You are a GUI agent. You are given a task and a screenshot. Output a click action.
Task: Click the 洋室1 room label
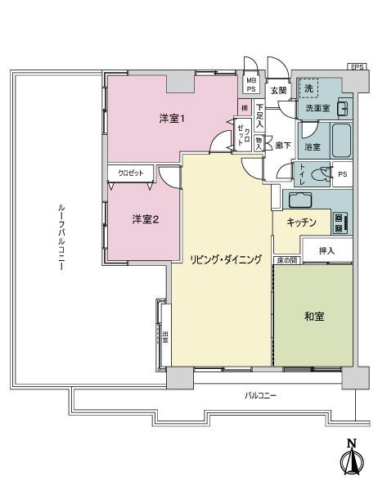tap(172, 119)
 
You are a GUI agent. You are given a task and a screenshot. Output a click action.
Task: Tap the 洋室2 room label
tap(146, 218)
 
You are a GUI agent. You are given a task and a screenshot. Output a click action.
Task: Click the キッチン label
tap(302, 222)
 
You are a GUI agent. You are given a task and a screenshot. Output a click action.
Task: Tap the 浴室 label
tap(313, 147)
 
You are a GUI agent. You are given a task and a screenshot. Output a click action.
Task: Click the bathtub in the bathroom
tap(341, 144)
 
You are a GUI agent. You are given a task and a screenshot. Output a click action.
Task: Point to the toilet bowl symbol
tap(325, 173)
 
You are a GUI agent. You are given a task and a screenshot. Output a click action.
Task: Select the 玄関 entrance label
tap(279, 90)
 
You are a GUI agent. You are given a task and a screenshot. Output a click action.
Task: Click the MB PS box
tap(251, 83)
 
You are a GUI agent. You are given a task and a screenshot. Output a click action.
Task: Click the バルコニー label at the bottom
tap(261, 395)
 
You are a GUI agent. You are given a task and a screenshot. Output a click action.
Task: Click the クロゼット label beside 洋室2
tap(130, 173)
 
